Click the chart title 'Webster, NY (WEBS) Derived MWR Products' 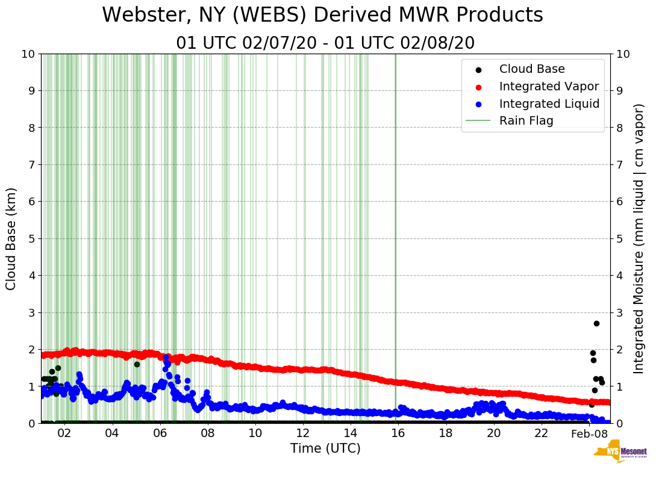click(322, 15)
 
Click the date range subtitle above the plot click(325, 43)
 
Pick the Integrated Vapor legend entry click(549, 86)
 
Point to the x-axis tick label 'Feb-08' click(589, 434)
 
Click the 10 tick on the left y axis click(28, 54)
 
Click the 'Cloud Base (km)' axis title click(11, 238)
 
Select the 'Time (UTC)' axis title click(325, 448)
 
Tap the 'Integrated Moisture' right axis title click(639, 238)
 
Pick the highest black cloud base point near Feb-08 click(596, 323)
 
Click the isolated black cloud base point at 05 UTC click(137, 364)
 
